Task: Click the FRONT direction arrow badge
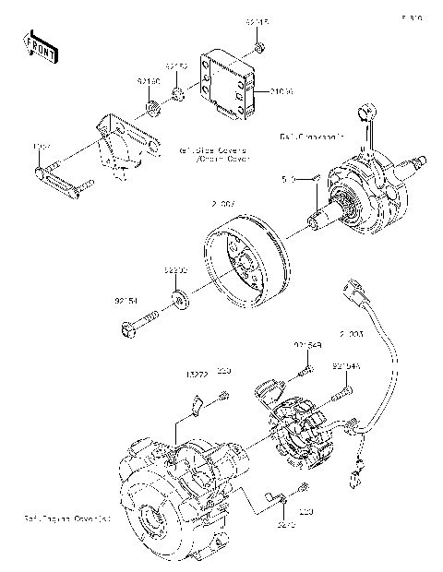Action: tap(40, 46)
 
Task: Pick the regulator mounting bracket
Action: tap(125, 143)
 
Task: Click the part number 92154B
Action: tap(307, 344)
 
